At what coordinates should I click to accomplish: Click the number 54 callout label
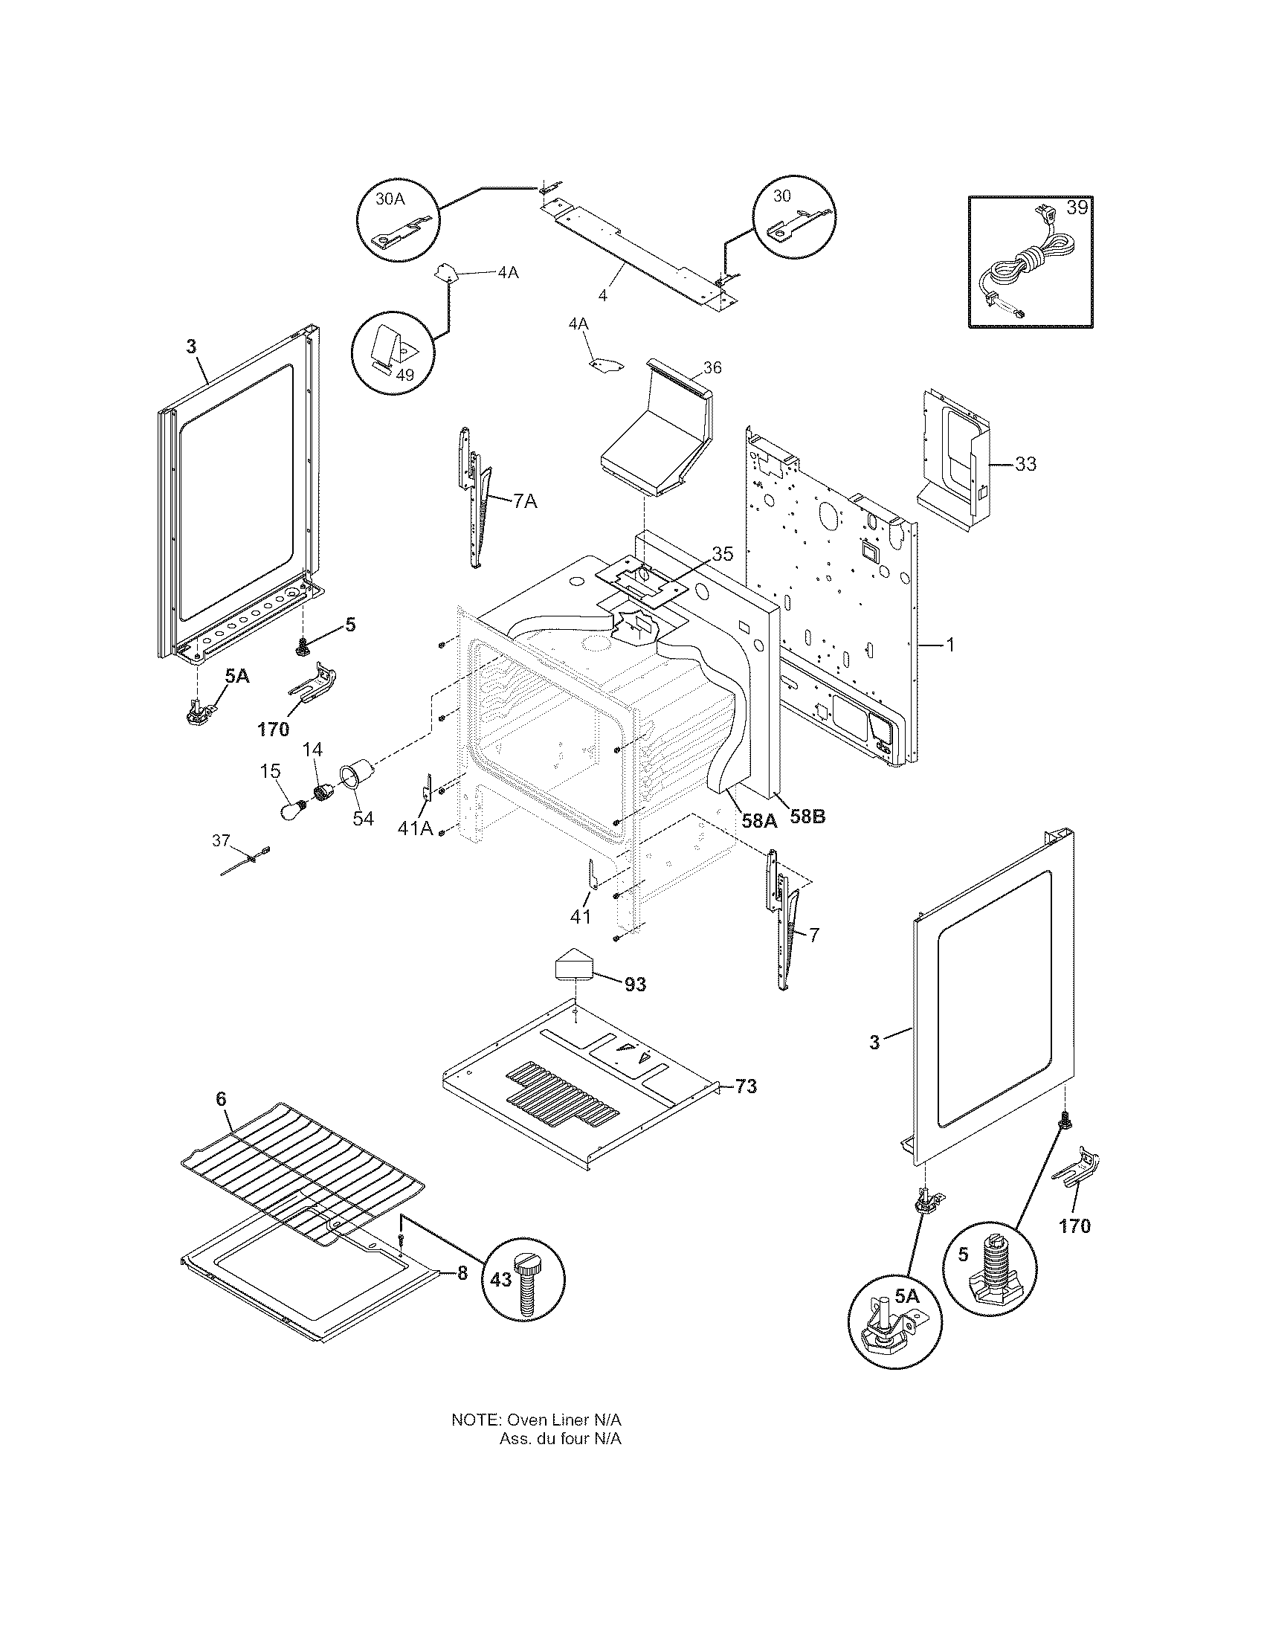363,819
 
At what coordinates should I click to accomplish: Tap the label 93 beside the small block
635,985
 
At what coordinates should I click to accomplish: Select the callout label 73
746,1086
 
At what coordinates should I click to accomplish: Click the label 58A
759,819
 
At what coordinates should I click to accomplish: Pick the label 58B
807,817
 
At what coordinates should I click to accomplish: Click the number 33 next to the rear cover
1025,465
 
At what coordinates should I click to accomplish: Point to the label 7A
525,502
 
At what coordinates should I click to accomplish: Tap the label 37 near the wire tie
221,840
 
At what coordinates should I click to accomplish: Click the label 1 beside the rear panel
950,644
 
